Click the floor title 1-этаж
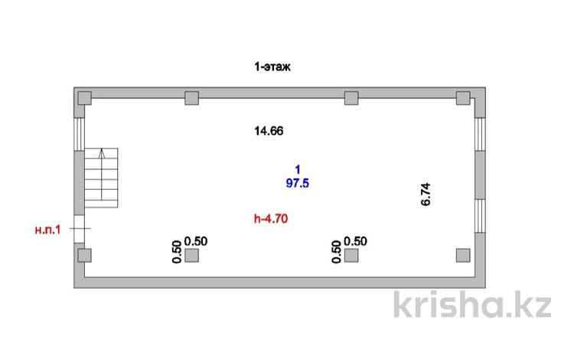272,67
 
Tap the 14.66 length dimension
269,131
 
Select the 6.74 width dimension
426,195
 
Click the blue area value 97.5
297,183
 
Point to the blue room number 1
298,169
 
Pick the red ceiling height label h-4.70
271,218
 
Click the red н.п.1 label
47,230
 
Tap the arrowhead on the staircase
102,153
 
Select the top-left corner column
84,98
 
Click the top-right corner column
463,98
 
